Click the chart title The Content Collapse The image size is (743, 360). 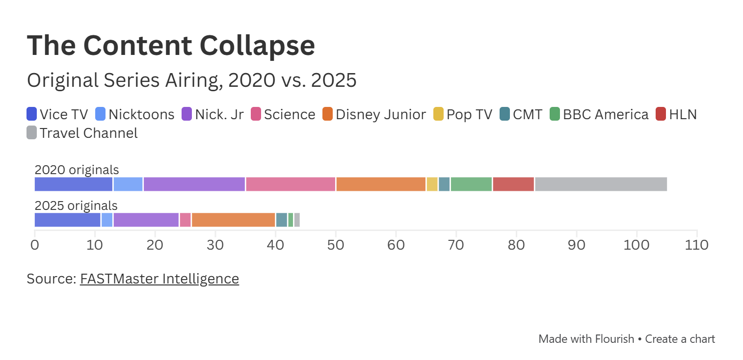click(171, 45)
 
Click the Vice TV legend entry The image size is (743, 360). click(57, 114)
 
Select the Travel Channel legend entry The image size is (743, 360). click(82, 133)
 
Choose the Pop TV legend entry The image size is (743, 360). click(462, 114)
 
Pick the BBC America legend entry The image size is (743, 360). click(599, 114)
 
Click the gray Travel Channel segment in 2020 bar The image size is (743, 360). click(601, 184)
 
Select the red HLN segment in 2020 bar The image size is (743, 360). click(513, 184)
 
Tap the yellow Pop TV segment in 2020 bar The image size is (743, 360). click(432, 184)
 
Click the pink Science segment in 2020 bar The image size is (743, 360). click(291, 184)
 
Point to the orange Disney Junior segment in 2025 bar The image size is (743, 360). click(233, 220)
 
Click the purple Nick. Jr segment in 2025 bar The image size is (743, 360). click(146, 220)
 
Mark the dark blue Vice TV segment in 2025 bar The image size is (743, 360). click(67, 220)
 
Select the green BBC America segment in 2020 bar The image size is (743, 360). click(471, 184)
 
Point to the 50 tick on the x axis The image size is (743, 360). click(336, 244)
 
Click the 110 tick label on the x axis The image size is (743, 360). click(696, 244)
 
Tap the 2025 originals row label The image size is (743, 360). click(76, 206)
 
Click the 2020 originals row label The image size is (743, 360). click(77, 170)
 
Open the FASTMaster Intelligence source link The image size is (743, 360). click(159, 279)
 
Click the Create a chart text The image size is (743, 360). click(680, 338)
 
